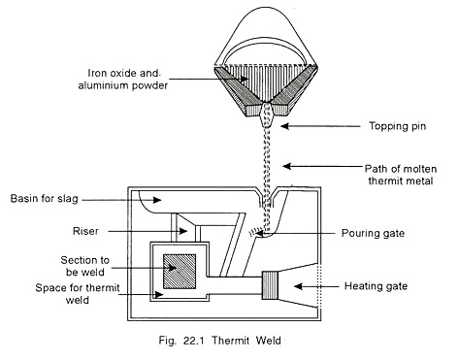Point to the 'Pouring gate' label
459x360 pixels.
(x=362, y=233)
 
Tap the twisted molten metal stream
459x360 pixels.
(x=259, y=184)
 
